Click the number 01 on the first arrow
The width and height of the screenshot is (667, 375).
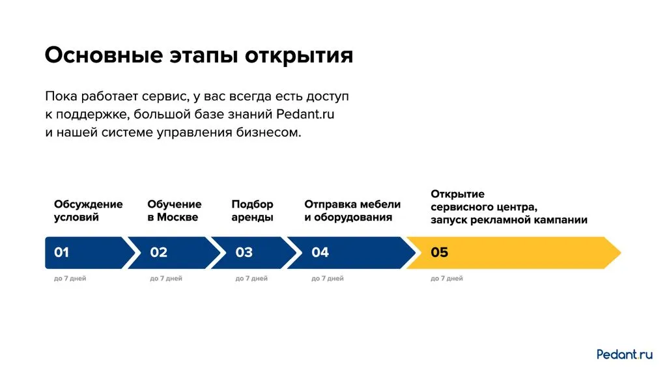(x=61, y=253)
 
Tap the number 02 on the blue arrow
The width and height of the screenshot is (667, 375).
(x=159, y=253)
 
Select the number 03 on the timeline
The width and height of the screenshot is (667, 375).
(x=244, y=253)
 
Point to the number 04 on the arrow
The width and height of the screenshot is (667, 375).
(x=320, y=253)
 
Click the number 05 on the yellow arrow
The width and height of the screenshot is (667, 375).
(x=440, y=253)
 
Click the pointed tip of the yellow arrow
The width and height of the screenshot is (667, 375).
(x=621, y=253)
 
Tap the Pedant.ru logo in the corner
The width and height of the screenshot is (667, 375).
(x=625, y=354)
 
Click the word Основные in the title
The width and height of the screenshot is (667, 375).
(x=104, y=55)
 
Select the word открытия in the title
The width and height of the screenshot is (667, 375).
(x=299, y=56)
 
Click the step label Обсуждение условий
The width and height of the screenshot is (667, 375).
(x=89, y=210)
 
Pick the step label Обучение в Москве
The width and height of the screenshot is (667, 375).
(x=175, y=210)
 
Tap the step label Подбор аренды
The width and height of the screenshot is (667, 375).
(x=252, y=210)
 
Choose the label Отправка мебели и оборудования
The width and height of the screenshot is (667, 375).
(x=352, y=210)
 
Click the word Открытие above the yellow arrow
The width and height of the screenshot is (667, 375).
(x=458, y=194)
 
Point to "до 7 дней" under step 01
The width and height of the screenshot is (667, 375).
(x=70, y=279)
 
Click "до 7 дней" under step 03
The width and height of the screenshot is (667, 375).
(x=251, y=279)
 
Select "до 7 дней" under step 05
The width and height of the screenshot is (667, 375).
(x=447, y=279)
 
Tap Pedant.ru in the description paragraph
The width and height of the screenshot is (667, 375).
(x=305, y=114)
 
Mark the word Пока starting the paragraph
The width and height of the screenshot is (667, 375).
(x=61, y=96)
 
